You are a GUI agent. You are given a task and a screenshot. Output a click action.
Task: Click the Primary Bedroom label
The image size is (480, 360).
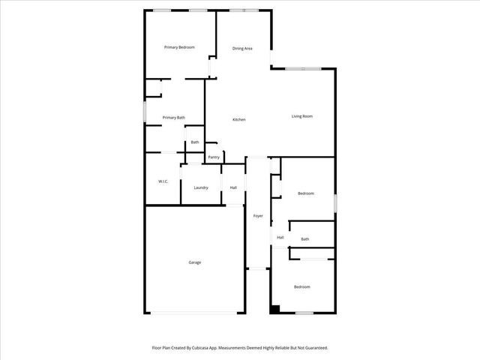pyautogui.click(x=179, y=47)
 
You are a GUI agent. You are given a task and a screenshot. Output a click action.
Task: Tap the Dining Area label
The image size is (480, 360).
pyautogui.click(x=242, y=48)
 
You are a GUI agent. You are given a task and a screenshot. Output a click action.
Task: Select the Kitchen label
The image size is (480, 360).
pyautogui.click(x=239, y=120)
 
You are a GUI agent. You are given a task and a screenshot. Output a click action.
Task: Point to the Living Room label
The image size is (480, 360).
pyautogui.click(x=302, y=115)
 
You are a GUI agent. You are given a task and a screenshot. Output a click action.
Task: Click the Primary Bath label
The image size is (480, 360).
pyautogui.click(x=173, y=117)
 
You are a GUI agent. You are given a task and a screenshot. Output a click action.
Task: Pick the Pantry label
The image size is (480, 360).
pyautogui.click(x=214, y=157)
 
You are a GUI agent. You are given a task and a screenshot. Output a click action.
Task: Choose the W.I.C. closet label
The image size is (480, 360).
pyautogui.click(x=163, y=181)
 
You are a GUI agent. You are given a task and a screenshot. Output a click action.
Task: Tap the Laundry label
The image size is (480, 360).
pyautogui.click(x=201, y=187)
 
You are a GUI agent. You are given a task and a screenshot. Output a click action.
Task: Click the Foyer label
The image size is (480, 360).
pyautogui.click(x=258, y=216)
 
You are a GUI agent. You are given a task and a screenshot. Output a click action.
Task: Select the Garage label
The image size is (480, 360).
pyautogui.click(x=195, y=262)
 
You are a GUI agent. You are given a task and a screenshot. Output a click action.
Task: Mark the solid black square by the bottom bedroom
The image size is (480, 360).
pyautogui.click(x=275, y=308)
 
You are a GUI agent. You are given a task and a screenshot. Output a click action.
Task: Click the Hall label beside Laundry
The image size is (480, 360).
pyautogui.click(x=233, y=187)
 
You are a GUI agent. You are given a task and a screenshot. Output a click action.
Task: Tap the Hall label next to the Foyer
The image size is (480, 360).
pyautogui.click(x=280, y=237)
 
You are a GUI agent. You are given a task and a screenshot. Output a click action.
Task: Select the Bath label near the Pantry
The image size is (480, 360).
pyautogui.click(x=195, y=142)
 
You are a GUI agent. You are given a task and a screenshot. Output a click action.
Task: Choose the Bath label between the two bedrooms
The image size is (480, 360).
pyautogui.click(x=305, y=239)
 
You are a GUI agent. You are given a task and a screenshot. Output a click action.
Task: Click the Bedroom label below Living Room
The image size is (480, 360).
pyautogui.click(x=306, y=193)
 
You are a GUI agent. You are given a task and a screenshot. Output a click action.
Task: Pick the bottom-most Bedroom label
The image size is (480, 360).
pyautogui.click(x=301, y=287)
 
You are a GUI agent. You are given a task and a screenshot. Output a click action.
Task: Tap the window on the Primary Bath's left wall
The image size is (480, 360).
pyautogui.click(x=145, y=111)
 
